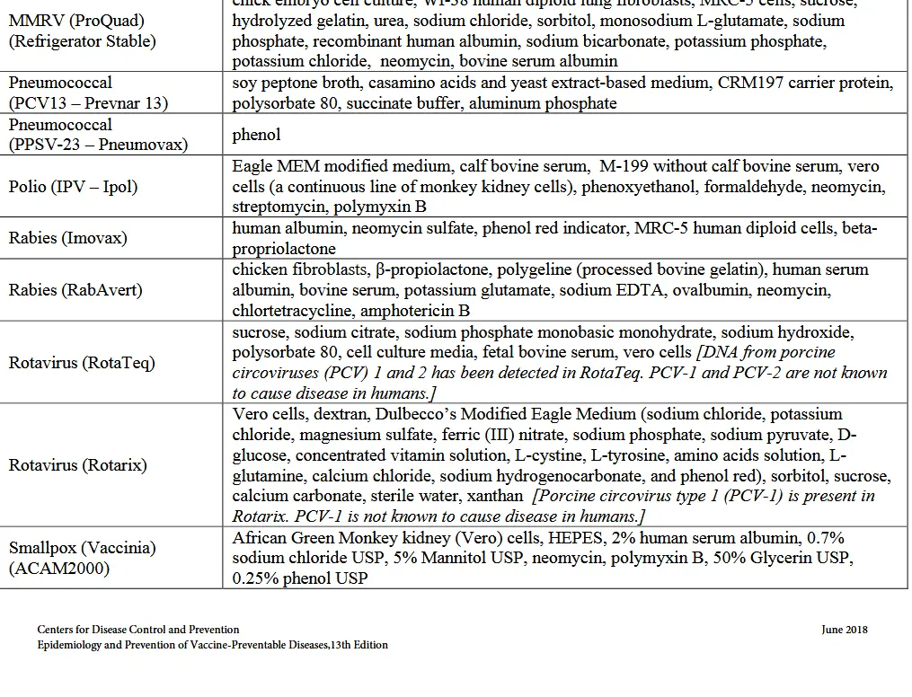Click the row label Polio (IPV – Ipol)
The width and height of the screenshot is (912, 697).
coord(74,187)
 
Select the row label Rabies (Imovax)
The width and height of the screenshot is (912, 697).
coord(68,238)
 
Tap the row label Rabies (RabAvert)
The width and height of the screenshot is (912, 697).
coord(75,290)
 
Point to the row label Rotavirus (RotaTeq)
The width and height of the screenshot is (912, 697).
coord(82,363)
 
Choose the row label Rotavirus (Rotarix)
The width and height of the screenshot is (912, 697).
coord(78,465)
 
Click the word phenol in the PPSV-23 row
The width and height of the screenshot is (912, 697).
coord(256,135)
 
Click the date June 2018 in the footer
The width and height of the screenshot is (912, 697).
coord(845,630)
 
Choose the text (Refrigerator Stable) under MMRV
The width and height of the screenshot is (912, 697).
coord(82,41)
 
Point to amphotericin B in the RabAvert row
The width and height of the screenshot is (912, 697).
coord(415,311)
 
